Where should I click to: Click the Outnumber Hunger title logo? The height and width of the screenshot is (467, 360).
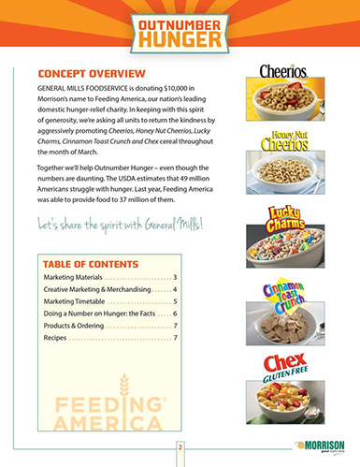(x=180, y=31)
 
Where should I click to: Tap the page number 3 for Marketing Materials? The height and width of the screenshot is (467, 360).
(x=174, y=279)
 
